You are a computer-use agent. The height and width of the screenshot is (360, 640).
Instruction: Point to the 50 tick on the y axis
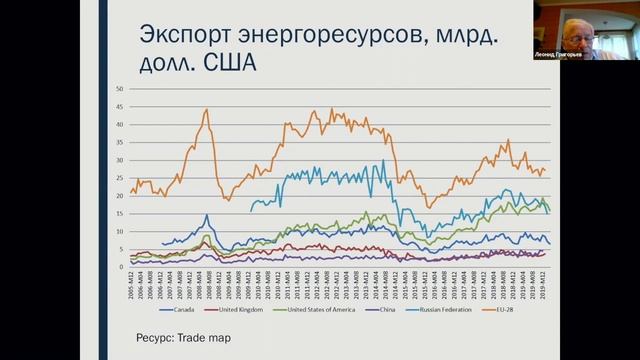pyautogui.click(x=119, y=89)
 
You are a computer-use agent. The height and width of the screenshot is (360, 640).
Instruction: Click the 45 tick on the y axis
pyautogui.click(x=119, y=107)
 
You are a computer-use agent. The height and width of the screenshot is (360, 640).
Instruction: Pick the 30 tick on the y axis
pyautogui.click(x=119, y=160)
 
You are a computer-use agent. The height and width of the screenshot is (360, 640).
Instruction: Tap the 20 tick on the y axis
pyautogui.click(x=119, y=196)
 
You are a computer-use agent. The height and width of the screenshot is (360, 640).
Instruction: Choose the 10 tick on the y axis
pyautogui.click(x=119, y=231)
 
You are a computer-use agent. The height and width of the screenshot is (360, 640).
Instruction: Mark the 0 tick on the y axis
pyautogui.click(x=121, y=267)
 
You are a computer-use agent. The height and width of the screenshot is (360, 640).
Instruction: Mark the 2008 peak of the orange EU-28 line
pyautogui.click(x=205, y=110)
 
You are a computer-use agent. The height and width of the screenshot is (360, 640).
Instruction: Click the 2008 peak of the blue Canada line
pyautogui.click(x=206, y=215)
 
